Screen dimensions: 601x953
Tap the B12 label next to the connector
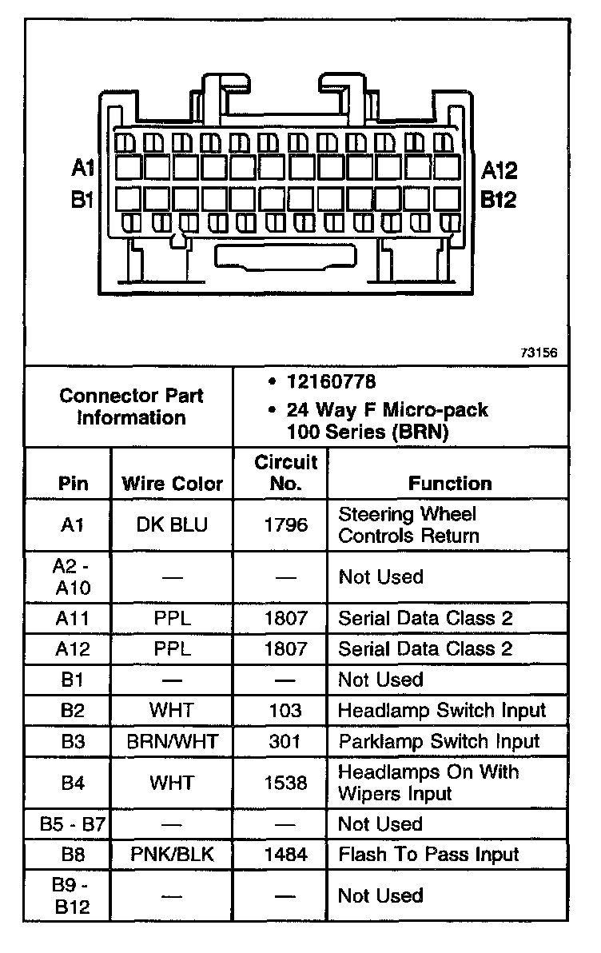(x=498, y=200)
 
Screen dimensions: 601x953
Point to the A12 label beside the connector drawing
(x=500, y=170)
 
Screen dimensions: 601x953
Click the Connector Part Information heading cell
(x=131, y=407)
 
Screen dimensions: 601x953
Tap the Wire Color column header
(x=172, y=484)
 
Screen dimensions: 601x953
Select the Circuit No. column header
(x=286, y=473)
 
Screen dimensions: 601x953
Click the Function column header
(x=450, y=484)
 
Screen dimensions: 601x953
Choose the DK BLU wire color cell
(x=172, y=524)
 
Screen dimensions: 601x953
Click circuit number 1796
(x=286, y=524)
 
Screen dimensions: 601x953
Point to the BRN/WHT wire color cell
(x=172, y=742)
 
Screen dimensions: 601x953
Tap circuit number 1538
(x=286, y=783)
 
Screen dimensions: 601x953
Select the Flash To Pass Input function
(x=428, y=855)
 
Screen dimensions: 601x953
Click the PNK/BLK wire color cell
(x=172, y=855)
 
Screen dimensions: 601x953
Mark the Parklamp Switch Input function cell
(x=439, y=742)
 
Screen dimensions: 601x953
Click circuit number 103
(x=286, y=711)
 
